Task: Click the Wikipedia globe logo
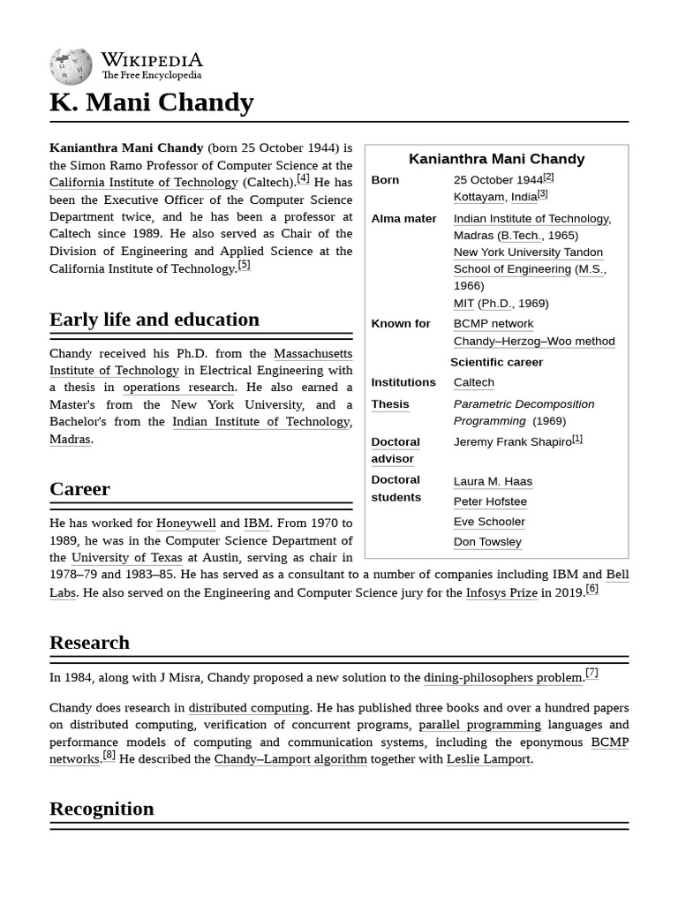tap(71, 67)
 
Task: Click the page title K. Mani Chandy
tap(151, 103)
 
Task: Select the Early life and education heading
tap(154, 320)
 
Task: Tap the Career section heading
tap(79, 489)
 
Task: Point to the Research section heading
tap(89, 643)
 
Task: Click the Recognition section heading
tap(102, 809)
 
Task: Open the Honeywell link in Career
tap(185, 524)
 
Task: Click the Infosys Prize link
tap(501, 592)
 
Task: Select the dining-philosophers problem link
tap(502, 678)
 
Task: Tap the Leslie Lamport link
tap(488, 759)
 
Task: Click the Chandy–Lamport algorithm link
tap(290, 759)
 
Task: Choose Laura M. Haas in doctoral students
tap(493, 481)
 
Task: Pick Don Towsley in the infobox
tap(487, 542)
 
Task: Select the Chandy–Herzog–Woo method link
tap(533, 342)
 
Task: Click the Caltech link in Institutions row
tap(473, 383)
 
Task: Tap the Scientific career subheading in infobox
tap(496, 362)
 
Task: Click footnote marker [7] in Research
tap(591, 674)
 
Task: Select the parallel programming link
tap(479, 725)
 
